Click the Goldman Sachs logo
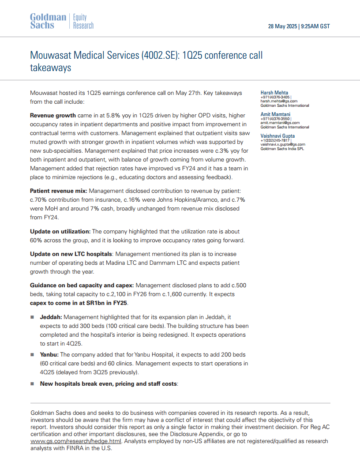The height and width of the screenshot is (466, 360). pyautogui.click(x=48, y=21)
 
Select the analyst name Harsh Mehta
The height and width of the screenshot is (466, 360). pyautogui.click(x=274, y=93)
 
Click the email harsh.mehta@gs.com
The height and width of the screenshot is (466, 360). pyautogui.click(x=279, y=101)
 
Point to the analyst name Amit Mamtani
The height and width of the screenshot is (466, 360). pyautogui.click(x=275, y=114)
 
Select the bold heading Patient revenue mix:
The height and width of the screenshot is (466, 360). pyautogui.click(x=58, y=191)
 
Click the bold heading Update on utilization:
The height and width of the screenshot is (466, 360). pyautogui.click(x=60, y=232)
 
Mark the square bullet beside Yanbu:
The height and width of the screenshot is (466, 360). pyautogui.click(x=32, y=355)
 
